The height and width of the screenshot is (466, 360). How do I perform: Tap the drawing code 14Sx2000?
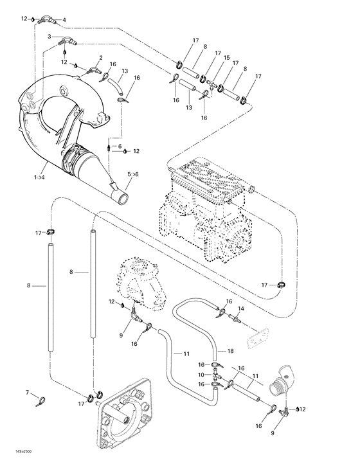tap(17, 460)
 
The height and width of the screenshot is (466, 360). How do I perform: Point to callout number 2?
tap(101, 58)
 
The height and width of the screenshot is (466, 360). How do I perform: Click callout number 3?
tap(49, 37)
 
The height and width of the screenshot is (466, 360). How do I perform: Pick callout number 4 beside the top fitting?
tap(64, 20)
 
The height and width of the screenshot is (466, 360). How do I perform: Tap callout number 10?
tap(201, 374)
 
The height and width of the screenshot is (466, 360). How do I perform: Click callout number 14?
tap(243, 309)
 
